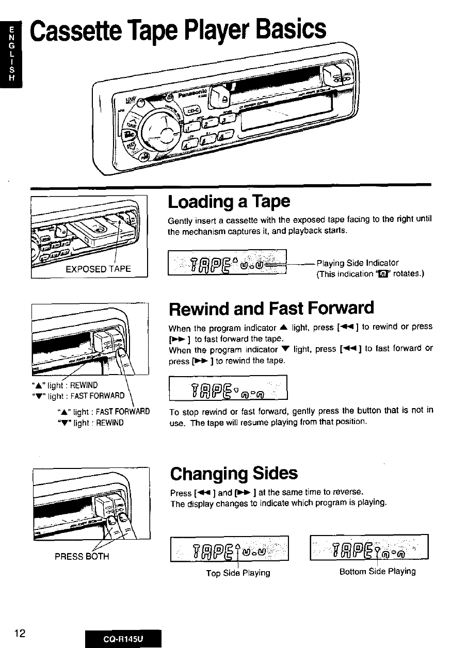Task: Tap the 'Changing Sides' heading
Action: [233, 473]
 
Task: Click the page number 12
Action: [21, 633]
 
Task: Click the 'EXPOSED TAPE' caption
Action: [98, 269]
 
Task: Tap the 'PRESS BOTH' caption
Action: [82, 556]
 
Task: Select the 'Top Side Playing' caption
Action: [238, 573]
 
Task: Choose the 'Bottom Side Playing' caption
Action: [377, 572]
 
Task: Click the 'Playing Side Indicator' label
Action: [358, 263]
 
